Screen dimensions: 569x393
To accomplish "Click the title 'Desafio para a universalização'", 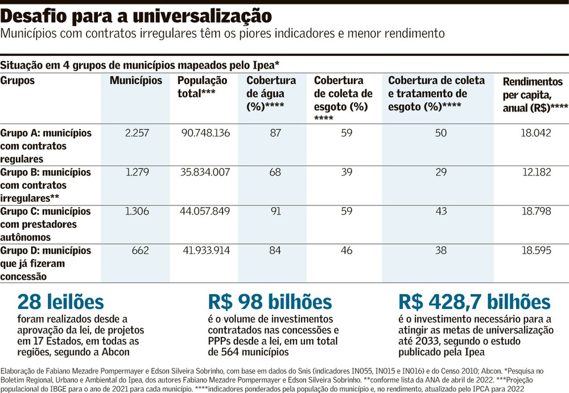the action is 136,16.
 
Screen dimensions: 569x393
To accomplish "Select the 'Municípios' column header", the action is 136,80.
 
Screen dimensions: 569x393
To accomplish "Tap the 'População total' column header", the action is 202,86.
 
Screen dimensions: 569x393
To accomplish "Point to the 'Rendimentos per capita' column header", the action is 535,95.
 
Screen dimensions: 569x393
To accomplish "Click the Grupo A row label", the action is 46,146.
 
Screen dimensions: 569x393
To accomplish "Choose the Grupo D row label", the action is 46,263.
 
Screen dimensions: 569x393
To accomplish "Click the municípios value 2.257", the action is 137,133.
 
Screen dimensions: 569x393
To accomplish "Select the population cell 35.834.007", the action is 205,172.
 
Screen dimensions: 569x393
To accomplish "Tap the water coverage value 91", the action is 276,211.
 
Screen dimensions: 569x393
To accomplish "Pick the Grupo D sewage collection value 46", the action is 347,250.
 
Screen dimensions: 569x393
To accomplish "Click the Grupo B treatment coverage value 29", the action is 441,172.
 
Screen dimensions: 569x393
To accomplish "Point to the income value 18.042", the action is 536,133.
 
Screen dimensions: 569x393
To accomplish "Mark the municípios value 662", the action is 141,250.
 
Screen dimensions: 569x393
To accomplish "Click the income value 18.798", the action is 537,211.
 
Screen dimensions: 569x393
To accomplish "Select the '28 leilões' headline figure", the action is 61,302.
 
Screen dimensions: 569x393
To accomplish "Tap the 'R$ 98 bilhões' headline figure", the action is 270,302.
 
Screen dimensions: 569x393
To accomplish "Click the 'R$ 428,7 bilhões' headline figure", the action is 475,302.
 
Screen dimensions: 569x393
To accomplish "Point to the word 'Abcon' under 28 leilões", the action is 116,352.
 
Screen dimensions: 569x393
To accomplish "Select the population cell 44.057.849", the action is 205,211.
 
